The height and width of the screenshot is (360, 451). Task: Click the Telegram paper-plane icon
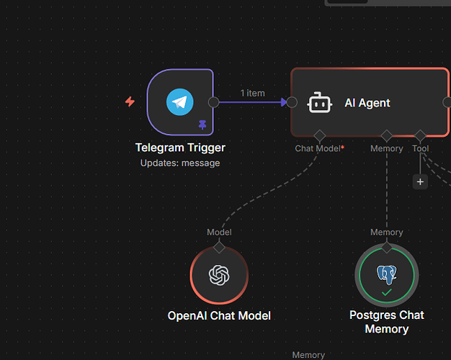pos(180,102)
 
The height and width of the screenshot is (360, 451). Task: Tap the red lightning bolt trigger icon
pos(130,102)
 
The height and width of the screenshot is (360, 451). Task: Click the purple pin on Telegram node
pos(202,125)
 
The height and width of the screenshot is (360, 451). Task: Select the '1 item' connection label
pos(252,93)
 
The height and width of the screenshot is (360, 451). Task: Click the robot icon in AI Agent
pos(320,103)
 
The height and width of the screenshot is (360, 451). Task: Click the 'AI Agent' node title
pos(367,103)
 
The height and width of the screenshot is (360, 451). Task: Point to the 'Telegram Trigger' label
pos(180,148)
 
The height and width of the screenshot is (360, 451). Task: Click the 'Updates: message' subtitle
pos(180,163)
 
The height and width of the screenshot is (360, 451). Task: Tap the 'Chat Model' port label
pos(318,148)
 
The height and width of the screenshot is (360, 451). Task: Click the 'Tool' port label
pos(420,148)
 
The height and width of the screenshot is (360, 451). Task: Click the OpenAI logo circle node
pos(218,275)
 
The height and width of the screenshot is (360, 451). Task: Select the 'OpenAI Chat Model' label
pos(219,315)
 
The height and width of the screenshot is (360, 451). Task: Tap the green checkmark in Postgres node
pos(387,292)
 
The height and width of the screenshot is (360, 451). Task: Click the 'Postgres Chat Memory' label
pos(387,322)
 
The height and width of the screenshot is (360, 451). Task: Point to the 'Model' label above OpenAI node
pos(219,232)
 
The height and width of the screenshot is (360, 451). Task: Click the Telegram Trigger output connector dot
pos(213,102)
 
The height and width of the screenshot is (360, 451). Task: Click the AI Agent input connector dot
pos(292,102)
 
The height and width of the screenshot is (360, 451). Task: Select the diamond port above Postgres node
pos(387,247)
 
